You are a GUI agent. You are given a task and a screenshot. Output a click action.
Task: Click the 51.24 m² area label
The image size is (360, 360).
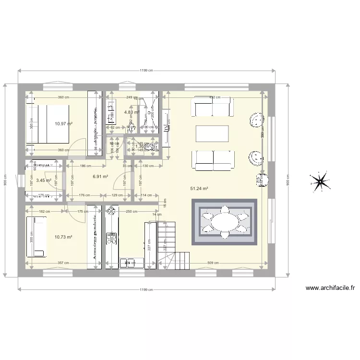[199, 189]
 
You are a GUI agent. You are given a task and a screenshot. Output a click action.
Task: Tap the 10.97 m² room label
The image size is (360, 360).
[63, 123]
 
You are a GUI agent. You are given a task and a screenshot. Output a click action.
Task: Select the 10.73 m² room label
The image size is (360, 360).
[63, 237]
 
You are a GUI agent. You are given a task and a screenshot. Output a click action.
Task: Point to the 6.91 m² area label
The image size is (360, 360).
[100, 177]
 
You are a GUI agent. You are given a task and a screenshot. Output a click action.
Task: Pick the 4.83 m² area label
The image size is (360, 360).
[132, 112]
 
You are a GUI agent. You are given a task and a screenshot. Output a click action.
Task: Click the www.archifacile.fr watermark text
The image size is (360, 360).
[330, 288]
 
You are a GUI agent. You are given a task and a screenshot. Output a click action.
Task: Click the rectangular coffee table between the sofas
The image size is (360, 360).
[212, 133]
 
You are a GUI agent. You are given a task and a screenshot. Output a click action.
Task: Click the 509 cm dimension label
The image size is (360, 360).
[214, 263]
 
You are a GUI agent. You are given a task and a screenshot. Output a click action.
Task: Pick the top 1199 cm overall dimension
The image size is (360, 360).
[146, 71]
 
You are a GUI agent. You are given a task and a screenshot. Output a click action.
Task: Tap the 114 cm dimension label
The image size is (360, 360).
[146, 195]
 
